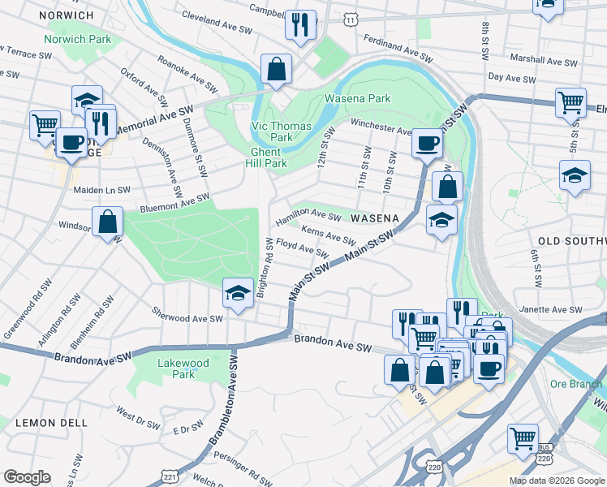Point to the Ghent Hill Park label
click(x=265, y=157)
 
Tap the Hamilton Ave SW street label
click(x=308, y=217)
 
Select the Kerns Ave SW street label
click(x=329, y=236)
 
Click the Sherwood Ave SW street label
click(x=187, y=317)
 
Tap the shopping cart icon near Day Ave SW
click(x=570, y=101)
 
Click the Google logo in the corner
click(x=28, y=477)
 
